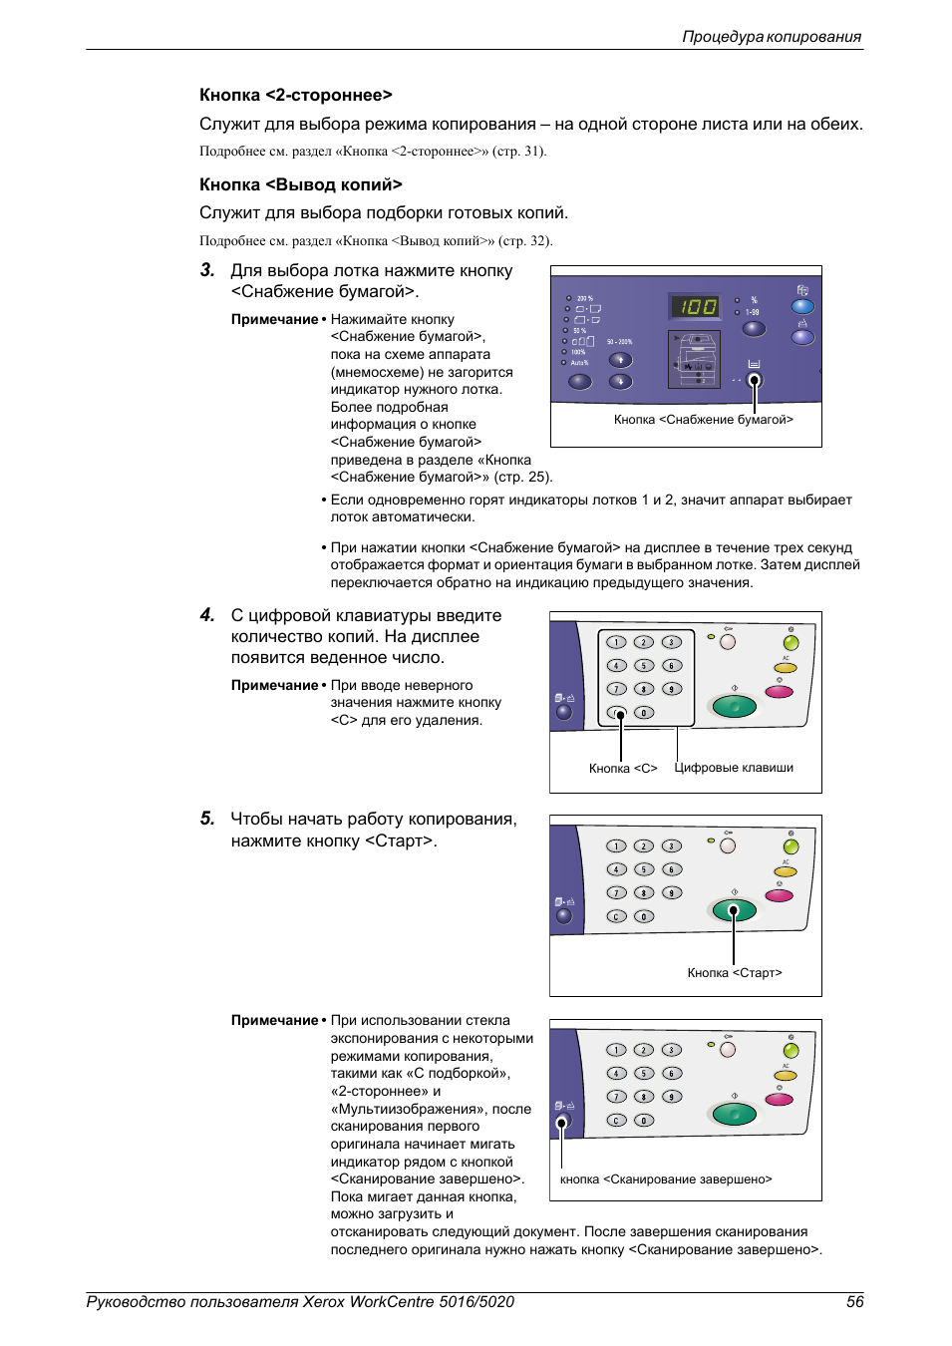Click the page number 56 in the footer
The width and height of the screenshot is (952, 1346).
point(854,1301)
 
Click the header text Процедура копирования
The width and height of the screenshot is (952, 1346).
point(771,37)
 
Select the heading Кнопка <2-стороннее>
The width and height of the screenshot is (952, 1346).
point(295,95)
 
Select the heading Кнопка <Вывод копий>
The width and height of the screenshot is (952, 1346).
point(300,184)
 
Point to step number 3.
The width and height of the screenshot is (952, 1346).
point(207,270)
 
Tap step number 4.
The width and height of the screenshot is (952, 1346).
point(207,615)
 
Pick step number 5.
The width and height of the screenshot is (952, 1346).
point(207,819)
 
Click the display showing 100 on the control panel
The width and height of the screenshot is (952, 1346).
point(697,306)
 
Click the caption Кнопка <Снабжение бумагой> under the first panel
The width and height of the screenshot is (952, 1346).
point(703,420)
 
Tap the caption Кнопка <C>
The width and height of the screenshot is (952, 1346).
point(623,769)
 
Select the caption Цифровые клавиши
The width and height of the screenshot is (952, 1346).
point(734,768)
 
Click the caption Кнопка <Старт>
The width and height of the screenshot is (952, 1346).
point(735,973)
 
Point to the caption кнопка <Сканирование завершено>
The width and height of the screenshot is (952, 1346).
point(666,1179)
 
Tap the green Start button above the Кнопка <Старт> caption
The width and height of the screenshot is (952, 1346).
point(735,910)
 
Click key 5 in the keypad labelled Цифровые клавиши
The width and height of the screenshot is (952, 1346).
point(644,666)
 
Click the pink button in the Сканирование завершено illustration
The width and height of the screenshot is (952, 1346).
point(780,1099)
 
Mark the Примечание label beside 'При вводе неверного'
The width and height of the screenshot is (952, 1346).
point(274,686)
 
